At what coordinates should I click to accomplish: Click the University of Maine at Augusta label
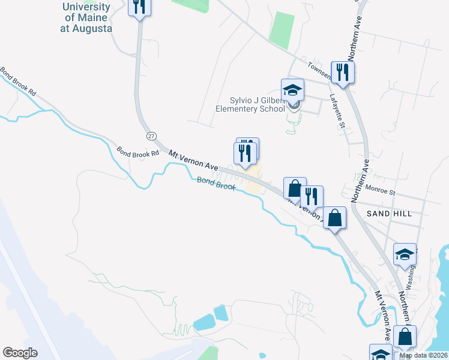point(86,18)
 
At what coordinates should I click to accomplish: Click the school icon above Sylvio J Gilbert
point(292,90)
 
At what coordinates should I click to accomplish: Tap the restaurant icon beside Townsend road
point(343,72)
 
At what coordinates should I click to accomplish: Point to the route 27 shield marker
point(151,136)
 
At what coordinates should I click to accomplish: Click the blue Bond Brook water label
point(217,183)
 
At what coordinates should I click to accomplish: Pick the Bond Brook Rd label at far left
point(19,83)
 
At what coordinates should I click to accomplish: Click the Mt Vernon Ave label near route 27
point(191,159)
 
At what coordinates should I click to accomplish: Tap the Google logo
point(20,353)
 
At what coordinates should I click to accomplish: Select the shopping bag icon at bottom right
point(406,337)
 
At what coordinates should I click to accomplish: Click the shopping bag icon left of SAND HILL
point(335,218)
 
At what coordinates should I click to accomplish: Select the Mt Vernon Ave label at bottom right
point(384,315)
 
